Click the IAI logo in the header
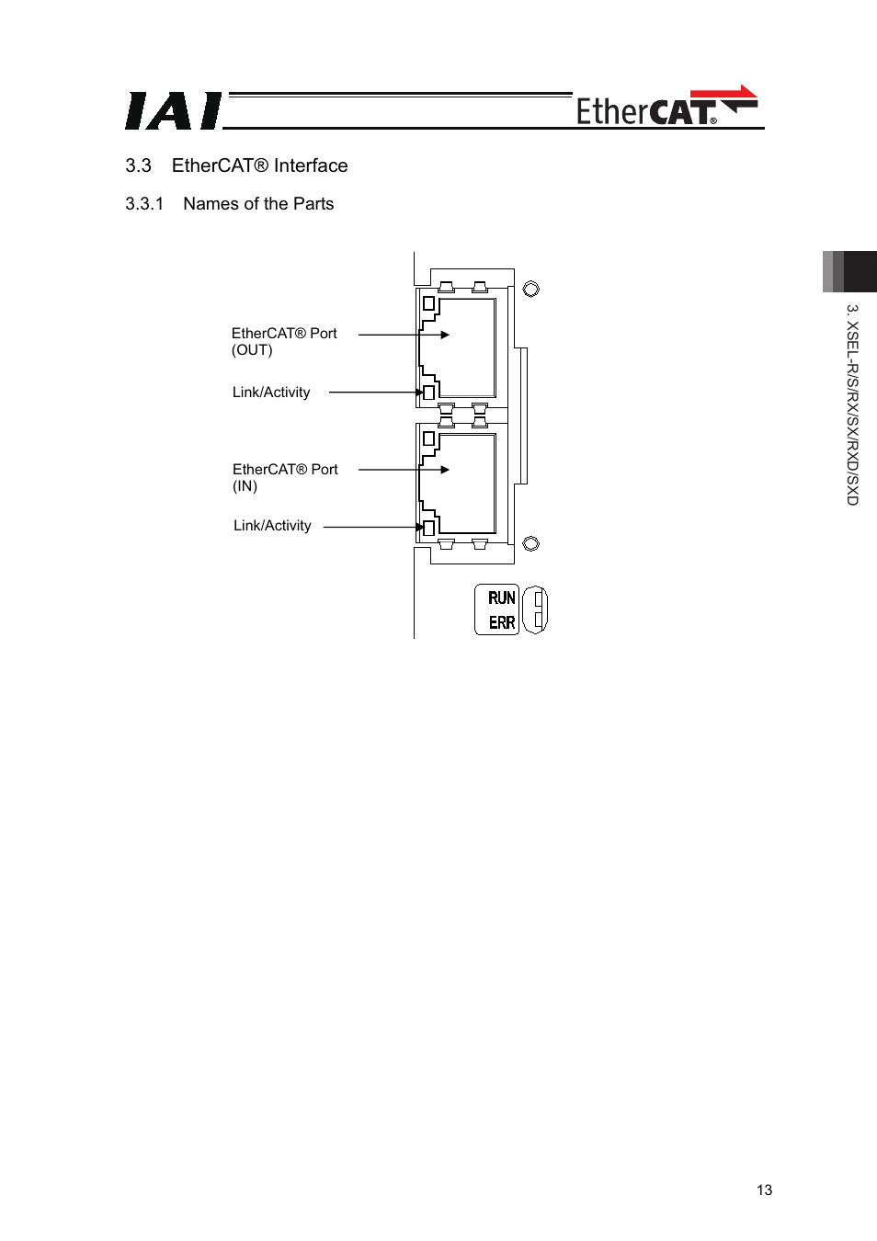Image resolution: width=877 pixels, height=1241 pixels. click(x=173, y=111)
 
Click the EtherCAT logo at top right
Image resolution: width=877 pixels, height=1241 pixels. click(x=666, y=108)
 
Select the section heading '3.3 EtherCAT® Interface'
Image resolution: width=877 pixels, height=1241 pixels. click(x=236, y=165)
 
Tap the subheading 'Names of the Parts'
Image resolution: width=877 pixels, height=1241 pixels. click(x=258, y=204)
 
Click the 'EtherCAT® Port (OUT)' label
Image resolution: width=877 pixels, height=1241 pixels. click(x=283, y=341)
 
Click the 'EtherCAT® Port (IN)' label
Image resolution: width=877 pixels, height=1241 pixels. click(x=284, y=477)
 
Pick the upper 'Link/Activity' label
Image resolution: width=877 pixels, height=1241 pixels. click(x=271, y=393)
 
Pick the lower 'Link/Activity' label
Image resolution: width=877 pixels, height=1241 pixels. click(x=272, y=526)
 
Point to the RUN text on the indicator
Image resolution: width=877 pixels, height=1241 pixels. click(x=501, y=598)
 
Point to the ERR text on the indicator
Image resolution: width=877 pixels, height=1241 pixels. click(x=501, y=622)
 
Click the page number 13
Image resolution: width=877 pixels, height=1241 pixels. click(x=764, y=1190)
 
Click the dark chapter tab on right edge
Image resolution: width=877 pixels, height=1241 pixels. click(x=850, y=271)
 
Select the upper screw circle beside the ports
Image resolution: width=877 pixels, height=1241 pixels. click(x=530, y=290)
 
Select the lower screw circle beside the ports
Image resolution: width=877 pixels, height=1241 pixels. click(x=530, y=544)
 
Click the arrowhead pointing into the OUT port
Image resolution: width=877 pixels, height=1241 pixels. click(x=445, y=335)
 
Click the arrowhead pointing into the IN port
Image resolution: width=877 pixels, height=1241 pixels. click(x=445, y=470)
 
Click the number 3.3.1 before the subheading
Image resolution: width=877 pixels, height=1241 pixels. click(x=144, y=204)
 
